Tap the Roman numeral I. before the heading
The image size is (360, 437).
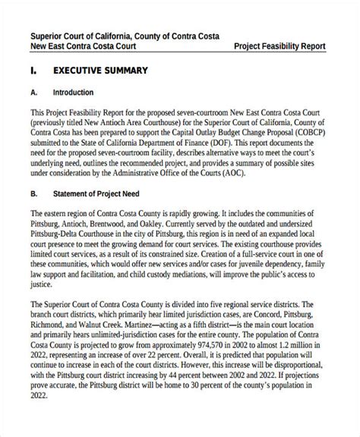click(x=34, y=71)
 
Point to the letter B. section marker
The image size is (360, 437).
click(x=34, y=193)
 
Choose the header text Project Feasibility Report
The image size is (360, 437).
click(x=279, y=46)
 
